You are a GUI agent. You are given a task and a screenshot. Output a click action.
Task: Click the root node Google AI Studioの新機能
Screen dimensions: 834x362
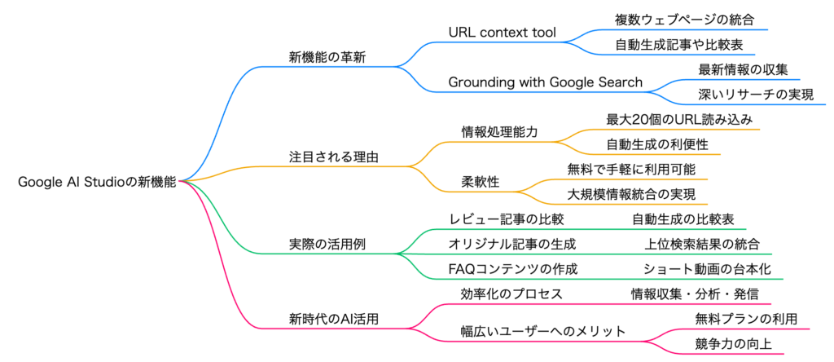tap(97, 182)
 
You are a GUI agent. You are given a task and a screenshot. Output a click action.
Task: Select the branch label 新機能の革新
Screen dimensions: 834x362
tap(327, 57)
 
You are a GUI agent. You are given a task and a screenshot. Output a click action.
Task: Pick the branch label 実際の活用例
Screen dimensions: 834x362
tap(327, 245)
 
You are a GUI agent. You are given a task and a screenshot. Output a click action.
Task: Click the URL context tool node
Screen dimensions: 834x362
tap(503, 33)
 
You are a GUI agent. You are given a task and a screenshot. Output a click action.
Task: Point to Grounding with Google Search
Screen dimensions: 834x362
tap(545, 82)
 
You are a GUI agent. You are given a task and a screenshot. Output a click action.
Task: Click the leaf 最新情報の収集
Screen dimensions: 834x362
tap(743, 70)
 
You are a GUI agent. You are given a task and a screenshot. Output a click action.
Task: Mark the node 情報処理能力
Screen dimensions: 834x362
tap(499, 133)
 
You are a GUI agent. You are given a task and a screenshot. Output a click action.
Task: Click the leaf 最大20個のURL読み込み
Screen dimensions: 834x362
tap(679, 120)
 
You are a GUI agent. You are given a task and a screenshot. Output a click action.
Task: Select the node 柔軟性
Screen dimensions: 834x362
tap(480, 182)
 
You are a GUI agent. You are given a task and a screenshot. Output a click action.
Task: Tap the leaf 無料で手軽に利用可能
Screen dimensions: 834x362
tap(631, 170)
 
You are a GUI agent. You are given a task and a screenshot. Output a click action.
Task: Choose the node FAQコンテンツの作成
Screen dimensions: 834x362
tap(513, 269)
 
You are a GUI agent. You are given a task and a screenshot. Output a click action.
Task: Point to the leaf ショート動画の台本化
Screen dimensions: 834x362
tap(707, 269)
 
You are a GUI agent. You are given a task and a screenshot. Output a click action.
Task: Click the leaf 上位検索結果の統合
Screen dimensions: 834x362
tap(702, 245)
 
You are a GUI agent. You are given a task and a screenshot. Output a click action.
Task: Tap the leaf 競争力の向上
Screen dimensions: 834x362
tap(734, 344)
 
